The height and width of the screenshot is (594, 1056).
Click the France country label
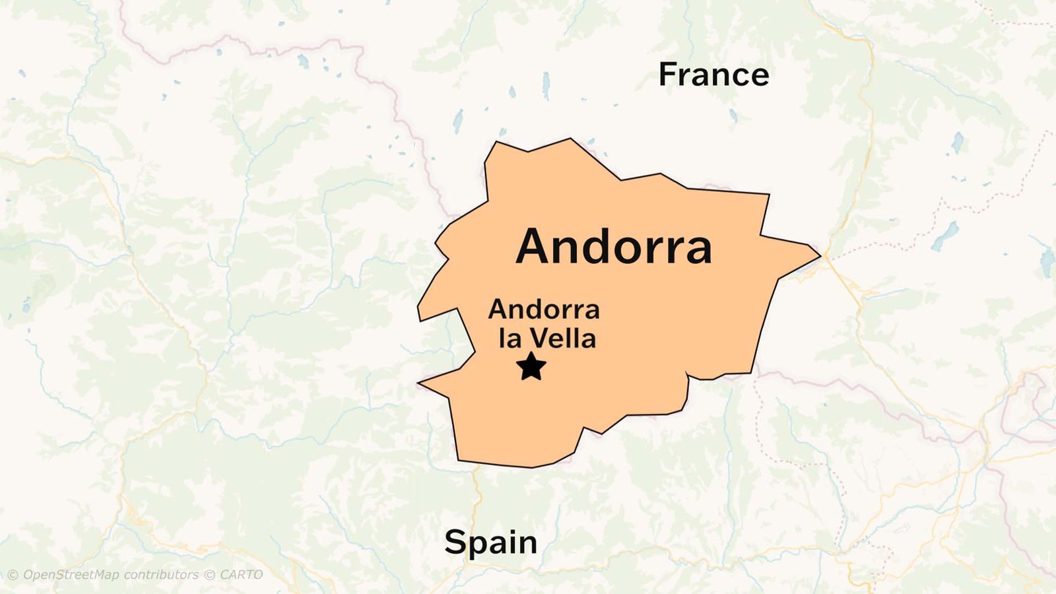tap(713, 75)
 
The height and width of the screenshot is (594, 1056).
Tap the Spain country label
tap(490, 543)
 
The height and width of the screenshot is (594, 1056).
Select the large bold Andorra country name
tap(614, 247)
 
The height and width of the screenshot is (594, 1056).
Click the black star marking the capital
tap(531, 366)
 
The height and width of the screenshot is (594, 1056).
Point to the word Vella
tap(562, 339)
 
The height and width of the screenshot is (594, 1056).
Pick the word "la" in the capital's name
tap(510, 339)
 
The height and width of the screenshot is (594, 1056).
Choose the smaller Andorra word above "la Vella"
tap(544, 309)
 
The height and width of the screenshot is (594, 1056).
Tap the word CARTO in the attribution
tap(241, 575)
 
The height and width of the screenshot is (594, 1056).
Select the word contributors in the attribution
tap(161, 575)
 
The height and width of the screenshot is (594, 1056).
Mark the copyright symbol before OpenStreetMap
tap(13, 575)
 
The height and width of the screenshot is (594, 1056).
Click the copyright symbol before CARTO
tap(209, 575)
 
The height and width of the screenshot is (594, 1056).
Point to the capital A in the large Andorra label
tap(535, 247)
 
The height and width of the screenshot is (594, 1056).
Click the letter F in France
tap(669, 75)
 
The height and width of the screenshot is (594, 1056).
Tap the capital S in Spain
tap(455, 543)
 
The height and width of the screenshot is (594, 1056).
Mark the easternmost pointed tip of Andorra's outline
tap(820, 254)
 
